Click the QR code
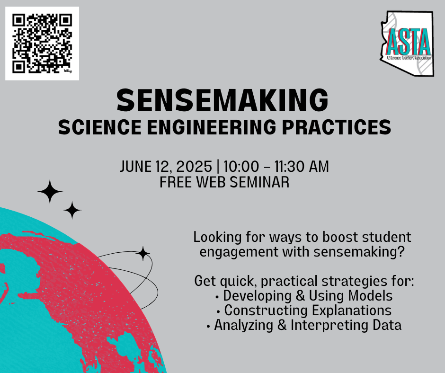(42, 44)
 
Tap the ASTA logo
(407, 44)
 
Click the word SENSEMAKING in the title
(222, 100)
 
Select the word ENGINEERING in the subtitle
(211, 127)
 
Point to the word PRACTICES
(337, 127)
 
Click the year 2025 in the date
(194, 166)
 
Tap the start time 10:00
(241, 166)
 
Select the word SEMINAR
(259, 182)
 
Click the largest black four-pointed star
(50, 192)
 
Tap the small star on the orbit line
(143, 254)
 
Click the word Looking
(217, 237)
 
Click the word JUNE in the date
(136, 166)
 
